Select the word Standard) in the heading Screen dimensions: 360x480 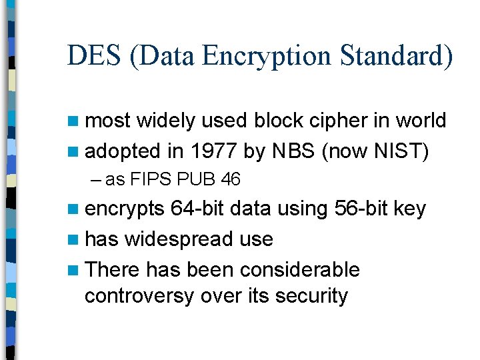pos(397,57)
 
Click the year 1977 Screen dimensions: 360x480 pos(213,151)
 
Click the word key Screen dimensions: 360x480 pos(409,209)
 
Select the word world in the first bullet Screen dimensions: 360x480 pos(419,120)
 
